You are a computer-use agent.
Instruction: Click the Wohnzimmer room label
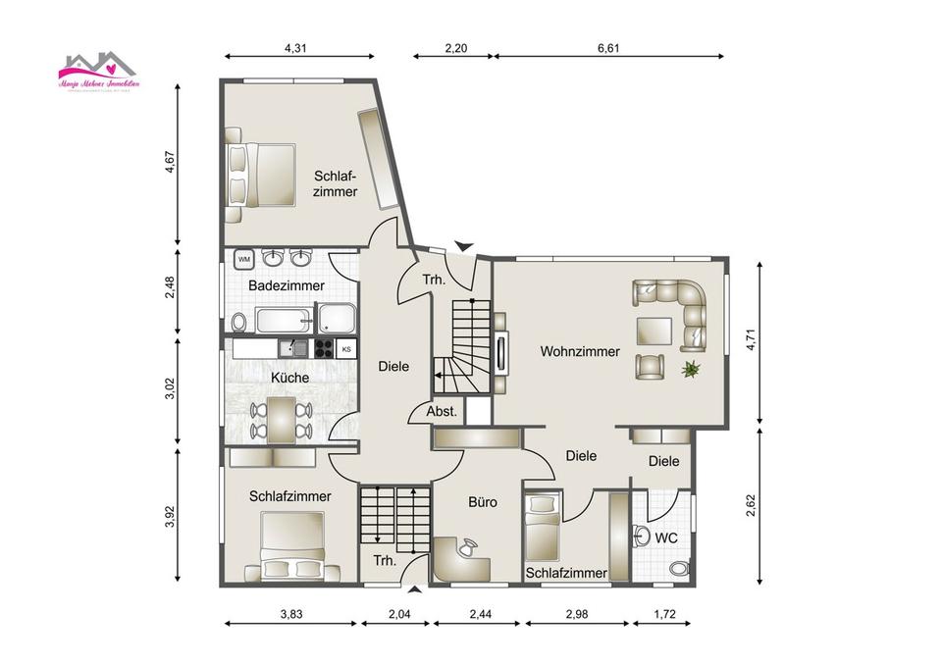(579, 351)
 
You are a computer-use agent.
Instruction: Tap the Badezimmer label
(286, 285)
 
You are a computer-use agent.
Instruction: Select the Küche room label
(289, 378)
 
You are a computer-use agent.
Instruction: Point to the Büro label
(482, 502)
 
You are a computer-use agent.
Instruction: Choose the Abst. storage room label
(441, 413)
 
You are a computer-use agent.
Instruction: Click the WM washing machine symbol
(244, 259)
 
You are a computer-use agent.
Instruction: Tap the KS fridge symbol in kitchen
(346, 348)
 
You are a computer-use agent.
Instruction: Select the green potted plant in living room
(693, 369)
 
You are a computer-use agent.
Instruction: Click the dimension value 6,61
(607, 46)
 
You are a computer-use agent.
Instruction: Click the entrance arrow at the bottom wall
(416, 590)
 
